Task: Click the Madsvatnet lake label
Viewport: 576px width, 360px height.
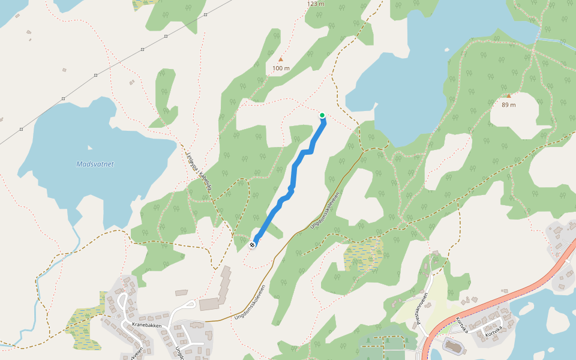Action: point(95,164)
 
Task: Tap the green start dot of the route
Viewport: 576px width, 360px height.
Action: point(322,115)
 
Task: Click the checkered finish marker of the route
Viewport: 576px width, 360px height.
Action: point(254,244)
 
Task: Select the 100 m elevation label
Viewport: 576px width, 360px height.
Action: point(281,68)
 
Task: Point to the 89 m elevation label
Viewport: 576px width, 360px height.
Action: point(509,104)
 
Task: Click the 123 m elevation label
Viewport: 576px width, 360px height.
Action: point(316,4)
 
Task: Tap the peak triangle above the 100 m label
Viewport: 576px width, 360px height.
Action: point(280,59)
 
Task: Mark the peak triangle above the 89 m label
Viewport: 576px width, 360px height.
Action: point(509,95)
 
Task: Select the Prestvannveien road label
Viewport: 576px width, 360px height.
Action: point(421,308)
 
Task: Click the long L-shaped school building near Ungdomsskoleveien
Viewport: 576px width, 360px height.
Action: point(224,285)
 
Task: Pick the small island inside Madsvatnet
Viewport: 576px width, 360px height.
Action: point(90,147)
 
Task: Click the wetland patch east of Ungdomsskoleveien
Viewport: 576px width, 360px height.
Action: point(363,254)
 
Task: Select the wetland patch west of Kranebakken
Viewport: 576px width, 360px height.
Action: point(81,327)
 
